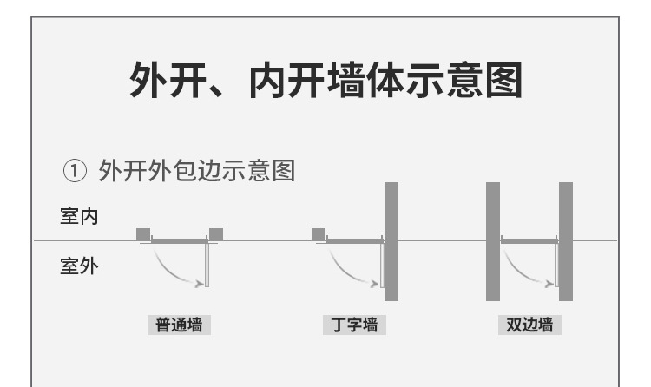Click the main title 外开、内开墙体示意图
pos(325,80)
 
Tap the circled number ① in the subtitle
pos(75,172)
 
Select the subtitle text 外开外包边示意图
pos(197,171)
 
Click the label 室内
pos(79,216)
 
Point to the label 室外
pos(79,266)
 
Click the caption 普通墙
pos(179,325)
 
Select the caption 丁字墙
pos(354,325)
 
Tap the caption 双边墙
pos(529,325)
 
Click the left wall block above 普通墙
pos(143,234)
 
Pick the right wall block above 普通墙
pos(216,234)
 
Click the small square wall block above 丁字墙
pos(319,234)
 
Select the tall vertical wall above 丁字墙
pos(391,241)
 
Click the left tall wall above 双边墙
pos(493,241)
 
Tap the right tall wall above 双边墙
pos(566,241)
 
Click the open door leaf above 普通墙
pos(207,264)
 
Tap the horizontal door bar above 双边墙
pos(529,240)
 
